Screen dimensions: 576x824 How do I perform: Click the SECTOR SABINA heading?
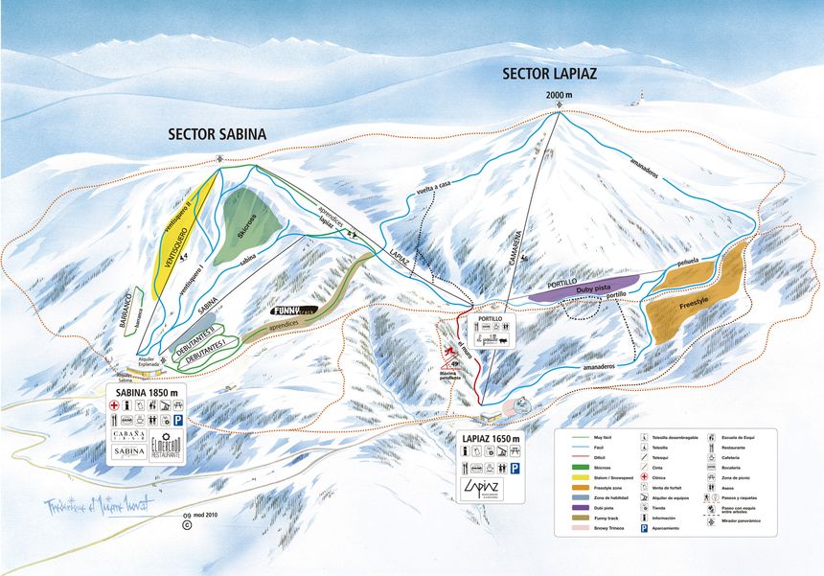click(x=217, y=133)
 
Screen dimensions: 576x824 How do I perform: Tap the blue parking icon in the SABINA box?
click(x=177, y=419)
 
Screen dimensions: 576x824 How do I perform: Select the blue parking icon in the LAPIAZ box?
click(x=515, y=469)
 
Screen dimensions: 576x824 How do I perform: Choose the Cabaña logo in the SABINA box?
click(x=127, y=431)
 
